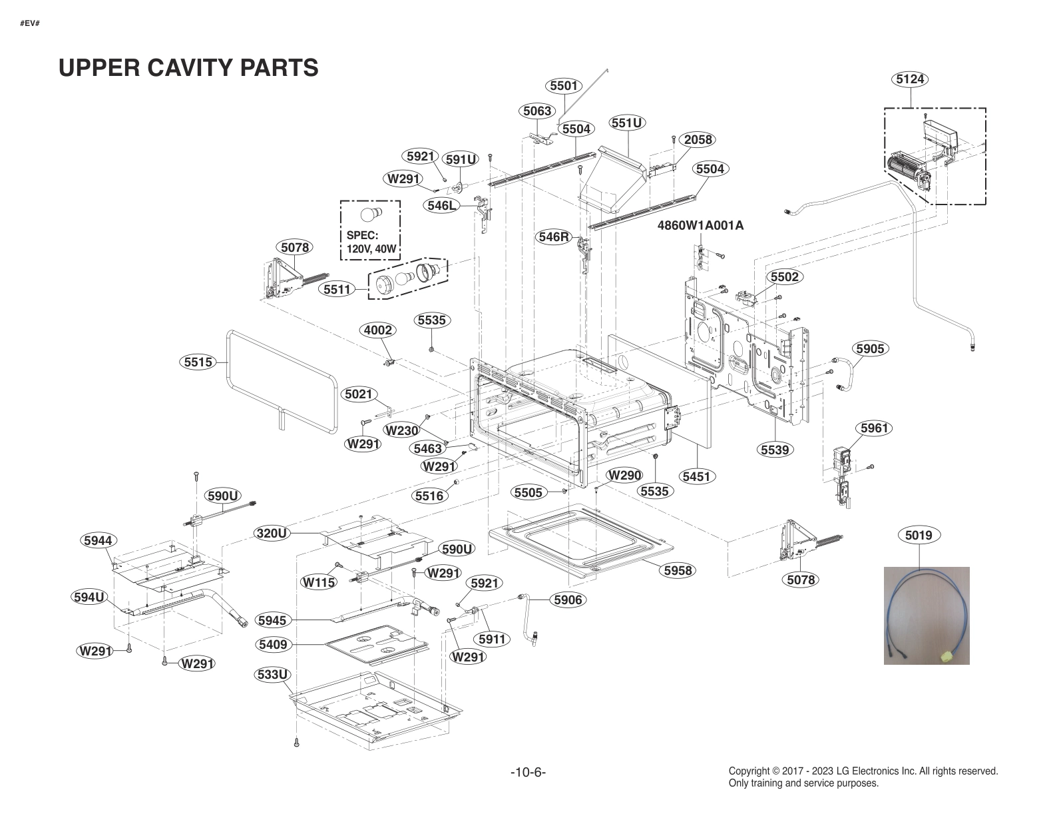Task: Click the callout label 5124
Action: pyautogui.click(x=910, y=79)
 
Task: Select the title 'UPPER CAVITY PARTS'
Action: pyautogui.click(x=188, y=67)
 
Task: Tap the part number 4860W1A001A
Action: pyautogui.click(x=700, y=225)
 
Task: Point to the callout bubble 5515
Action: pyautogui.click(x=198, y=362)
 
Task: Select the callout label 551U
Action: pyautogui.click(x=627, y=123)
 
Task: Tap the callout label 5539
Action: pyautogui.click(x=775, y=450)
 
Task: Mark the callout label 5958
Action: pyautogui.click(x=678, y=570)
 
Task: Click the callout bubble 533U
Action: pyautogui.click(x=273, y=675)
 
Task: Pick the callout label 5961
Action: pyautogui.click(x=874, y=428)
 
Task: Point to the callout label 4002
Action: pyautogui.click(x=377, y=330)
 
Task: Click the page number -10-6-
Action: pyautogui.click(x=528, y=773)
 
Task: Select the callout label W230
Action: pyautogui.click(x=402, y=430)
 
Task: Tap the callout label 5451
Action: pyautogui.click(x=696, y=476)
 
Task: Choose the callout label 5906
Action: pyautogui.click(x=568, y=600)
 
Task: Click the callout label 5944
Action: pyautogui.click(x=98, y=540)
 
